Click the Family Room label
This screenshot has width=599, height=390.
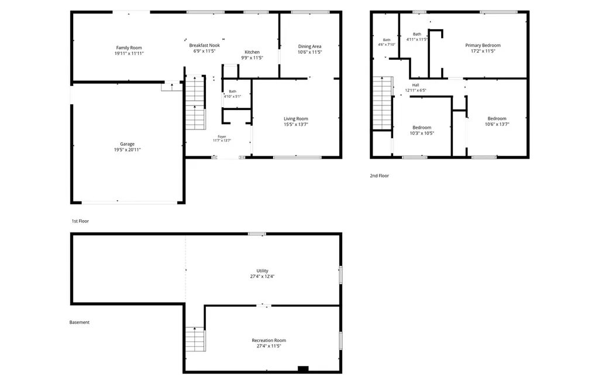[129, 48]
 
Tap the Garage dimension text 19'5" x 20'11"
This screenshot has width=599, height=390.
[127, 150]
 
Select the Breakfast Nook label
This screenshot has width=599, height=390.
[204, 45]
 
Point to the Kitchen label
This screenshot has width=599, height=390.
[252, 52]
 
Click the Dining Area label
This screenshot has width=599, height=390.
[310, 46]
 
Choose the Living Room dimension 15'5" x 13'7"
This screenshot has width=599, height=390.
[295, 124]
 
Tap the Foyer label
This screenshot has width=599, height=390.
[222, 136]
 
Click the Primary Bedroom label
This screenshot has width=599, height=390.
[483, 45]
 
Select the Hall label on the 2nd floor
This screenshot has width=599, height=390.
[416, 85]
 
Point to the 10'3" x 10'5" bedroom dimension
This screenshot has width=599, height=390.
[422, 133]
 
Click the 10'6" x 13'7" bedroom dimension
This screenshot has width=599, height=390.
[497, 124]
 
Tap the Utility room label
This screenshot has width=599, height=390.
[262, 271]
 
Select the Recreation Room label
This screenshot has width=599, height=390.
[268, 340]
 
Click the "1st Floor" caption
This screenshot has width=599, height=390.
[80, 221]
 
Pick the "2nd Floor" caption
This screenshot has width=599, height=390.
[379, 176]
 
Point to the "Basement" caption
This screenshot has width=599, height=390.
[80, 322]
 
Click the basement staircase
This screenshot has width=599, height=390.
[195, 339]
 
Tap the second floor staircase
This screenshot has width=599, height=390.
[383, 103]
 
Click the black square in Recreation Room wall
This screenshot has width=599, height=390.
[303, 368]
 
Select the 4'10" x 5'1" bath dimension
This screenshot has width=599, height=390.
[232, 97]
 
